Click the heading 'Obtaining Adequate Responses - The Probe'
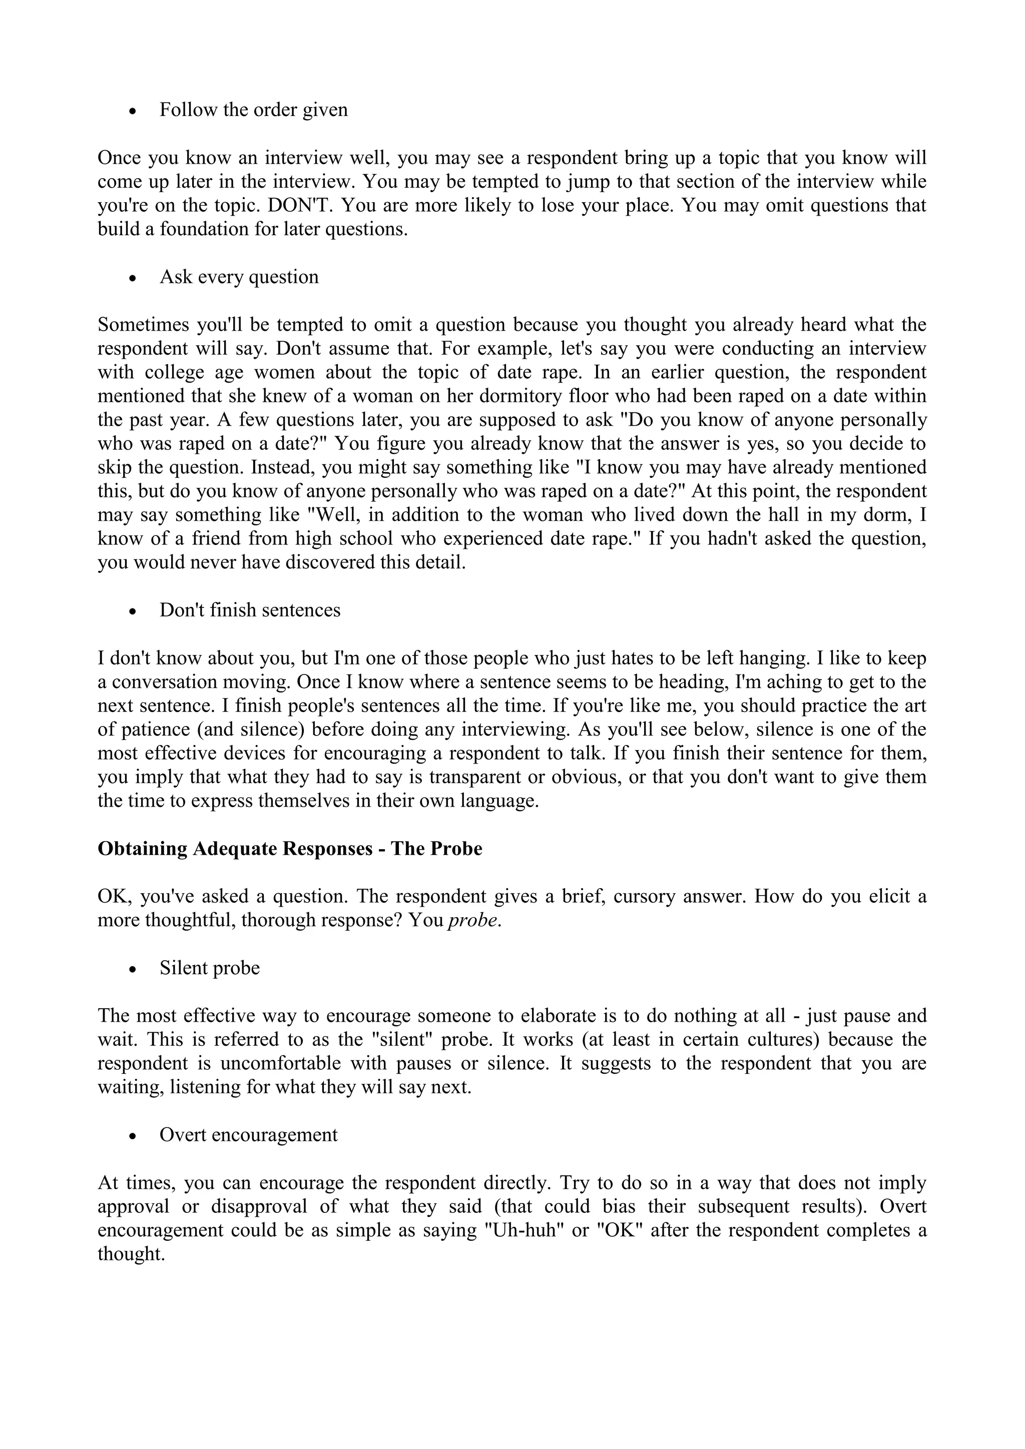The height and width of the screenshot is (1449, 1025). click(290, 848)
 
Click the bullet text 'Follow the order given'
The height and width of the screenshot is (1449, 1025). click(253, 110)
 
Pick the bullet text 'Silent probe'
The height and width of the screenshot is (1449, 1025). click(210, 968)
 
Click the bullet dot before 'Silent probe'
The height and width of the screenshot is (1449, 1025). click(132, 969)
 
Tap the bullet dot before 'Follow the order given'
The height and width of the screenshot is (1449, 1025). click(132, 111)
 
